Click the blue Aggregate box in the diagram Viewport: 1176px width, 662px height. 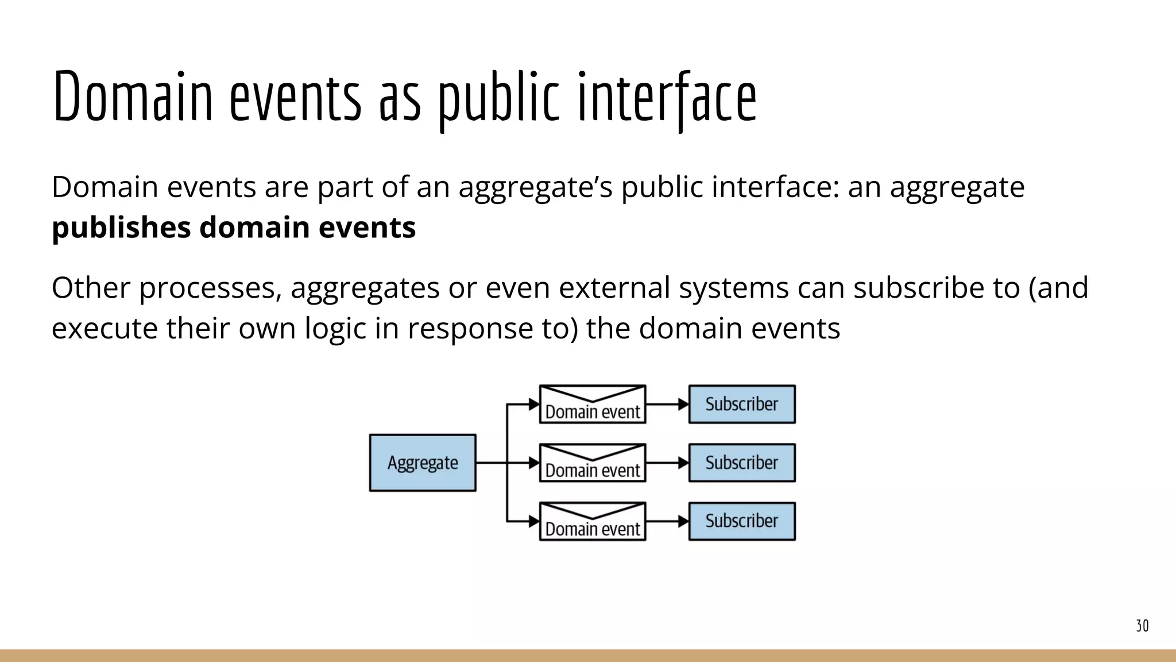click(x=423, y=463)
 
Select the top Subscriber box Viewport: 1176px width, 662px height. click(x=742, y=404)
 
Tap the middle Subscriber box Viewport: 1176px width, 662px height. click(x=742, y=463)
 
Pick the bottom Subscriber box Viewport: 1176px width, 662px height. click(x=742, y=521)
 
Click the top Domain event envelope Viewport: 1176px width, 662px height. click(x=593, y=405)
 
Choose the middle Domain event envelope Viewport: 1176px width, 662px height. click(x=593, y=463)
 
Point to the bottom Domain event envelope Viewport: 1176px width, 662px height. click(x=593, y=522)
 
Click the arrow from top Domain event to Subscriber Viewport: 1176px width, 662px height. click(x=667, y=404)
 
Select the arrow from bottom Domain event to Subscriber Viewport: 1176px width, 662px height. click(x=667, y=521)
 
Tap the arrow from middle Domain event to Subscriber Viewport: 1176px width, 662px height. click(x=667, y=463)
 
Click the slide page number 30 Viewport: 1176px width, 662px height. click(x=1142, y=626)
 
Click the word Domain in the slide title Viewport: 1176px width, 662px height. click(x=133, y=97)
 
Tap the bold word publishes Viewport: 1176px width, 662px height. click(x=121, y=228)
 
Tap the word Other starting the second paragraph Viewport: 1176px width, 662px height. click(x=91, y=287)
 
